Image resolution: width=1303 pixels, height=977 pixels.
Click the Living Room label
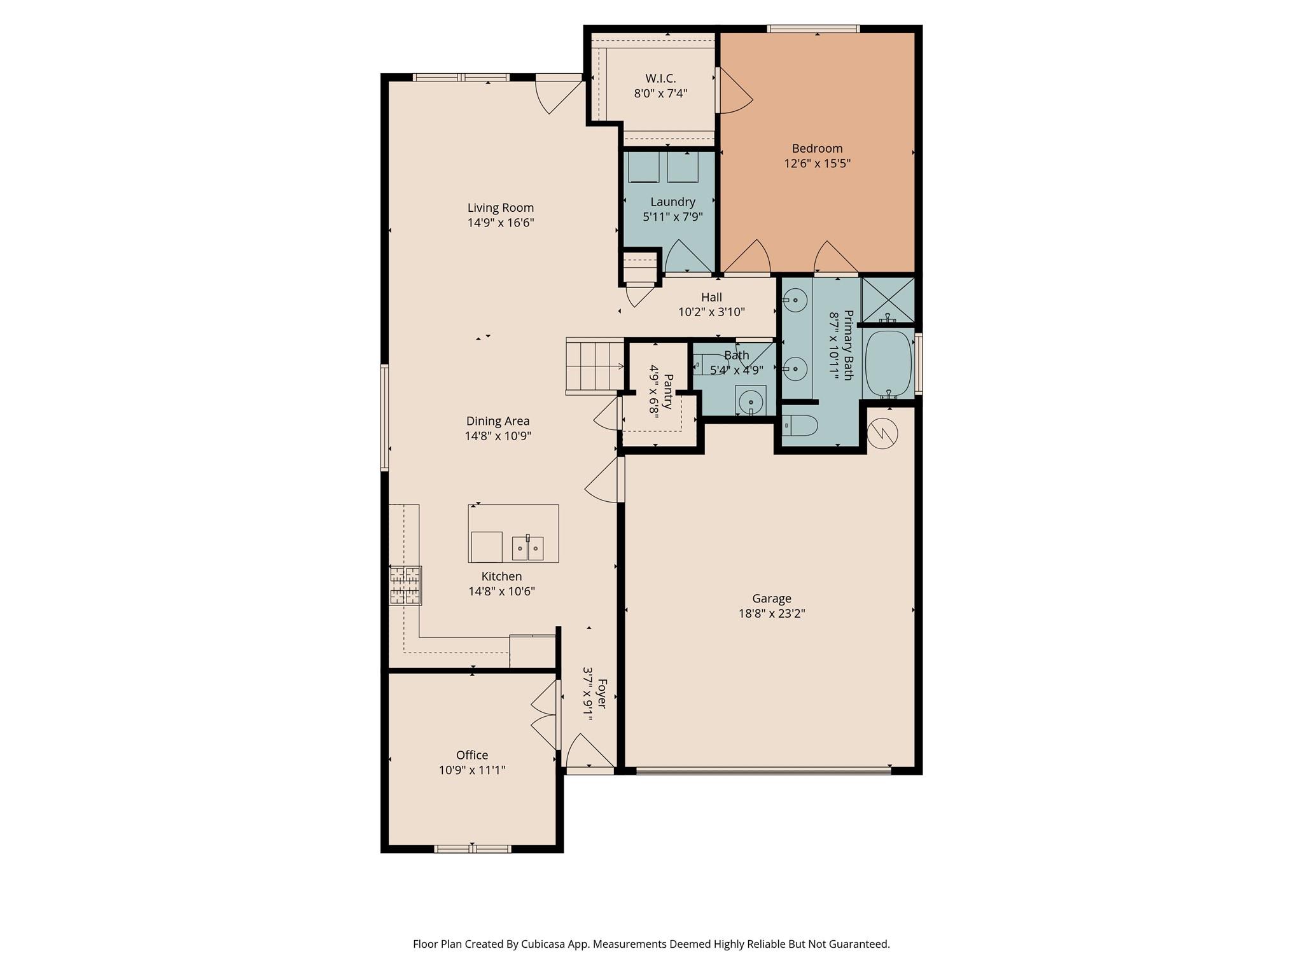[500, 207]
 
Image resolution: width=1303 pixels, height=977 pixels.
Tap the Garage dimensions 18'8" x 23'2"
[771, 614]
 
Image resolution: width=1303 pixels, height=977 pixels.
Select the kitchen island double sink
[527, 548]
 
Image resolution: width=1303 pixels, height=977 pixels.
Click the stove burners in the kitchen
[405, 585]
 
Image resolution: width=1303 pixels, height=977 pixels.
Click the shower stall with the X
[888, 299]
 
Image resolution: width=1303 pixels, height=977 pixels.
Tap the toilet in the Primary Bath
[799, 425]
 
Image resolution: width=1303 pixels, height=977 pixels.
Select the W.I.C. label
[660, 78]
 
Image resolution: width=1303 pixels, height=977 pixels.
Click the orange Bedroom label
[817, 148]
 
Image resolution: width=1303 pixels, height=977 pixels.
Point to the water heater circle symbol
[882, 434]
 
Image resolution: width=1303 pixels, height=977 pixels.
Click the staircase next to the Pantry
[594, 366]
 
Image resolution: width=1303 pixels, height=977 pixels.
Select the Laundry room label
[672, 202]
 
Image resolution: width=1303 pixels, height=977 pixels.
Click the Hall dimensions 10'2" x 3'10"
[711, 312]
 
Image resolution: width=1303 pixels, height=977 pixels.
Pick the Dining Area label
[498, 421]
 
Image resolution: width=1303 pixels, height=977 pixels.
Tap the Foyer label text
[601, 694]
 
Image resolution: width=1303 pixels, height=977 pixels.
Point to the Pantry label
[668, 387]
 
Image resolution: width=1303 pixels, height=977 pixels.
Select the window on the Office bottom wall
[472, 849]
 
